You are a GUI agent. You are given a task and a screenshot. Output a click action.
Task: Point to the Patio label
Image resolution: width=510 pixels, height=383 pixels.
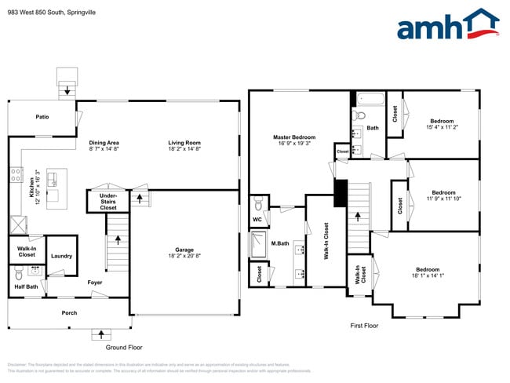pyautogui.click(x=42, y=117)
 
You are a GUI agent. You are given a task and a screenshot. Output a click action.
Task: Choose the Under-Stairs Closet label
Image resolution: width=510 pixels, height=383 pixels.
pyautogui.click(x=108, y=200)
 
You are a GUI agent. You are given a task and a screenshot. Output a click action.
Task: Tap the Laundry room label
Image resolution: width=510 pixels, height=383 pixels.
pyautogui.click(x=61, y=256)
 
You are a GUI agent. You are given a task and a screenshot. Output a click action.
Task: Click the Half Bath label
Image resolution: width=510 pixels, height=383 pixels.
pyautogui.click(x=27, y=286)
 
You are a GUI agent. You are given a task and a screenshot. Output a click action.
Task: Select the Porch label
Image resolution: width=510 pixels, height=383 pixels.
pyautogui.click(x=70, y=312)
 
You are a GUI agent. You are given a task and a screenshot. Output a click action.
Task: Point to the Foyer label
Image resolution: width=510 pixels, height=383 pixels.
pyautogui.click(x=95, y=282)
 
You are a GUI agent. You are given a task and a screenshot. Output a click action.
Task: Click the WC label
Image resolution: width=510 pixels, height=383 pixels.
pyautogui.click(x=257, y=220)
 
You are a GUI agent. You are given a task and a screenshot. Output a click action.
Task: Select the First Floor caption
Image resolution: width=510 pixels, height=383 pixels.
pyautogui.click(x=364, y=325)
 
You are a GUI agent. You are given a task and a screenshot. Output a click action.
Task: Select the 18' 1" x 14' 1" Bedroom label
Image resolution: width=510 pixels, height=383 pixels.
pyautogui.click(x=427, y=272)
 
